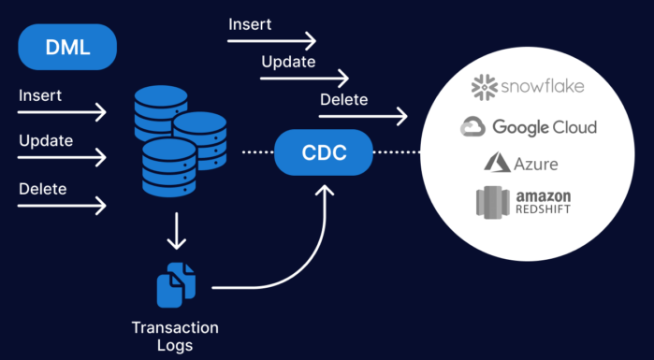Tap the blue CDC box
[x=324, y=151]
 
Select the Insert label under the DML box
[x=39, y=94]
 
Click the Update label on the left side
[x=45, y=141]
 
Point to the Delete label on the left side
[x=42, y=189]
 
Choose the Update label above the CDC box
[x=287, y=62]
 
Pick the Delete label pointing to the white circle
[x=343, y=99]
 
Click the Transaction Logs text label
[x=175, y=336]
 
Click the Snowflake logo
[x=528, y=88]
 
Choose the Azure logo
[x=521, y=164]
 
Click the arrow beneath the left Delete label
[x=62, y=206]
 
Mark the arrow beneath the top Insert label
[x=271, y=41]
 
